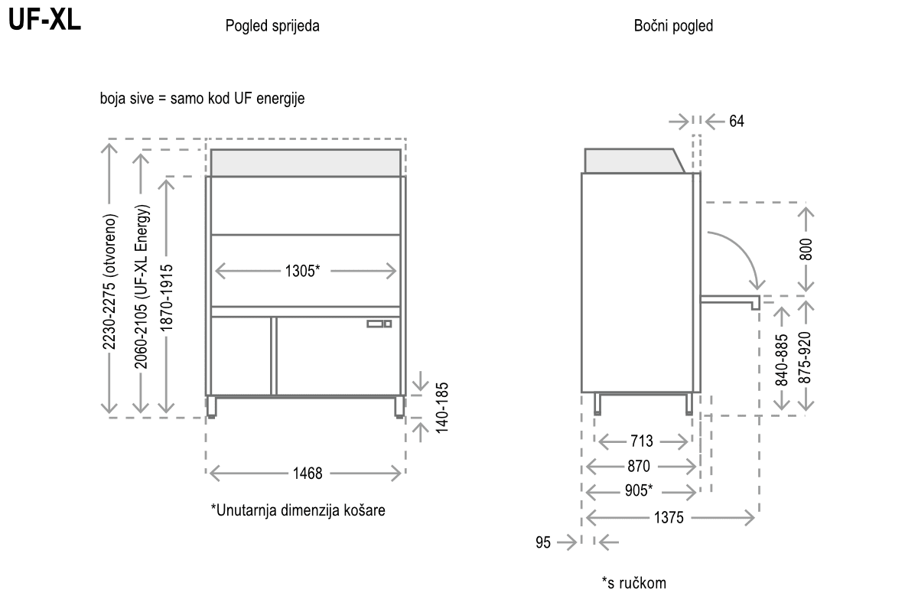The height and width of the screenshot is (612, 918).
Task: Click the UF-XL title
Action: pyautogui.click(x=44, y=19)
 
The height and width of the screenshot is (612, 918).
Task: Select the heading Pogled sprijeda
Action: pyautogui.click(x=272, y=26)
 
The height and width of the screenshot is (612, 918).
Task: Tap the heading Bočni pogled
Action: pyautogui.click(x=673, y=26)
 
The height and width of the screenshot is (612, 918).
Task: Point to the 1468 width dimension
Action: pyautogui.click(x=308, y=474)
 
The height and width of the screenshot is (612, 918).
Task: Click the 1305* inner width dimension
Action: pyautogui.click(x=302, y=271)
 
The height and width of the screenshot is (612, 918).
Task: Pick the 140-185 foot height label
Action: pyautogui.click(x=442, y=408)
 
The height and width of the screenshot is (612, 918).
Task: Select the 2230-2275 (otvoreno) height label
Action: pyautogui.click(x=109, y=282)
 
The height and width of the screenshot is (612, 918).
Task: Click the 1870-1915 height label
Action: pyautogui.click(x=167, y=298)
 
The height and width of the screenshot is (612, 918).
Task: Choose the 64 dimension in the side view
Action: pyautogui.click(x=737, y=122)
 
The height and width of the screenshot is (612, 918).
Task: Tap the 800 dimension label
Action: pyautogui.click(x=806, y=249)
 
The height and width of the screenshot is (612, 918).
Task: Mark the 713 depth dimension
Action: pyautogui.click(x=642, y=441)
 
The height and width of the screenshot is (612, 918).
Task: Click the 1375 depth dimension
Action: pyautogui.click(x=669, y=518)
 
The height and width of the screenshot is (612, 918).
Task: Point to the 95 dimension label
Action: pyautogui.click(x=543, y=542)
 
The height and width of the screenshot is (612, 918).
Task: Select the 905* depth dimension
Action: pyautogui.click(x=639, y=490)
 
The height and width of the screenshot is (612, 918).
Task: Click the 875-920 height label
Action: pyautogui.click(x=806, y=357)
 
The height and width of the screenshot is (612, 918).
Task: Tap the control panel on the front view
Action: pyautogui.click(x=379, y=324)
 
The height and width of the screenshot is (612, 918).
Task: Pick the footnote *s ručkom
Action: pyautogui.click(x=634, y=583)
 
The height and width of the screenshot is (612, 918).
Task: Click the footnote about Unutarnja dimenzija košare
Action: pyautogui.click(x=298, y=510)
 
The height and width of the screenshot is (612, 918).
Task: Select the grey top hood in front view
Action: pyautogui.click(x=306, y=163)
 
